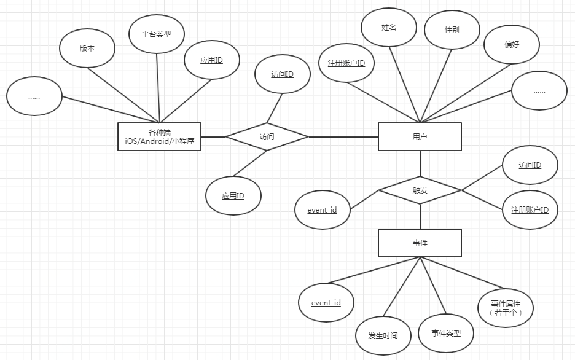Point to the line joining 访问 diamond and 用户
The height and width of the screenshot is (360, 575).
343,137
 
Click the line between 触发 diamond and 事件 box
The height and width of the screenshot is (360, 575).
420,217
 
